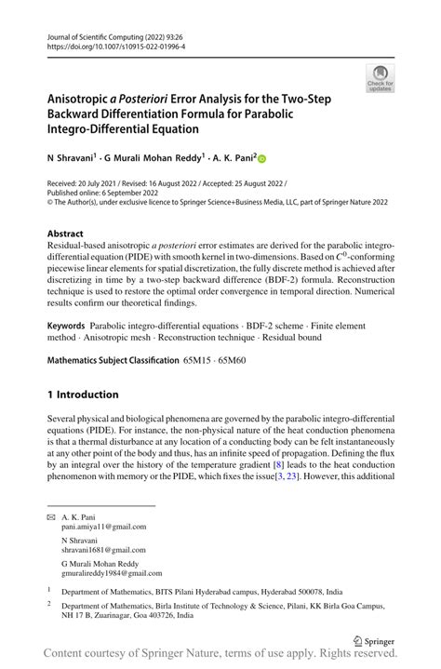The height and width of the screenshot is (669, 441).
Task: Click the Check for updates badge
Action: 379,78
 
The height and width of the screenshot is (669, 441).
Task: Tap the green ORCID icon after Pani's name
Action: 261,159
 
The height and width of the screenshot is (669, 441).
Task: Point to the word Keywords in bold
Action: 67,327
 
